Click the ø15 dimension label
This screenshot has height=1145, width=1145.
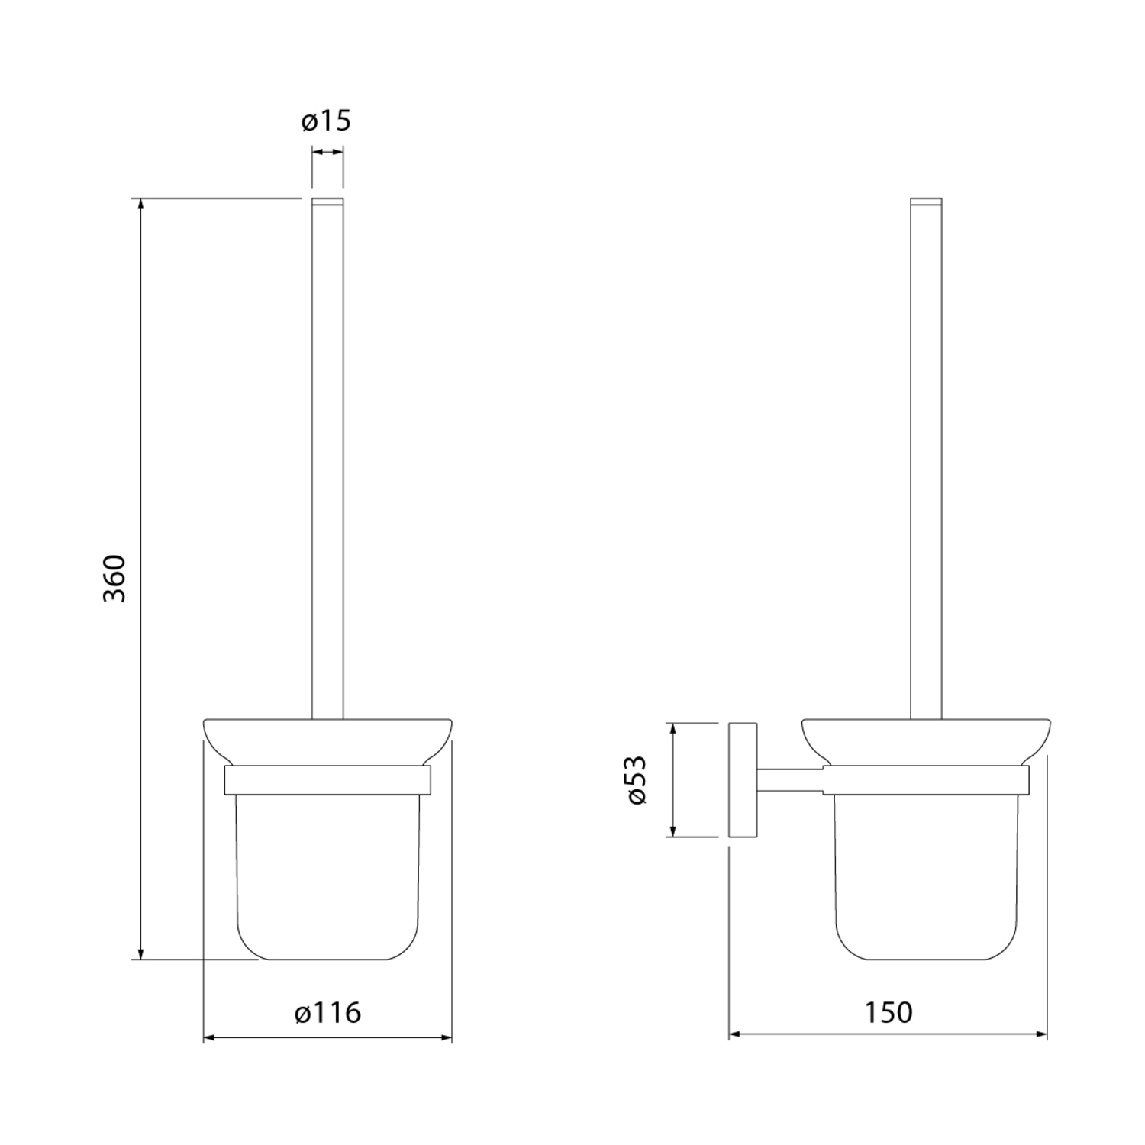point(326,121)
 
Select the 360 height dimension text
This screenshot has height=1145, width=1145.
point(114,579)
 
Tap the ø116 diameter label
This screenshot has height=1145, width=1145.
point(327,1013)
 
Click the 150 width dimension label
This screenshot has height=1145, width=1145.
point(889,1013)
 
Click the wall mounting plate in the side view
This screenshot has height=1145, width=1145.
point(743,780)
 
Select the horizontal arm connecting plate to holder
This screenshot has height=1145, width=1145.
point(790,780)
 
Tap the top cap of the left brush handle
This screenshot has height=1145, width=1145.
point(327,202)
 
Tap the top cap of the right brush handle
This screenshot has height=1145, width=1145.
point(927,202)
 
